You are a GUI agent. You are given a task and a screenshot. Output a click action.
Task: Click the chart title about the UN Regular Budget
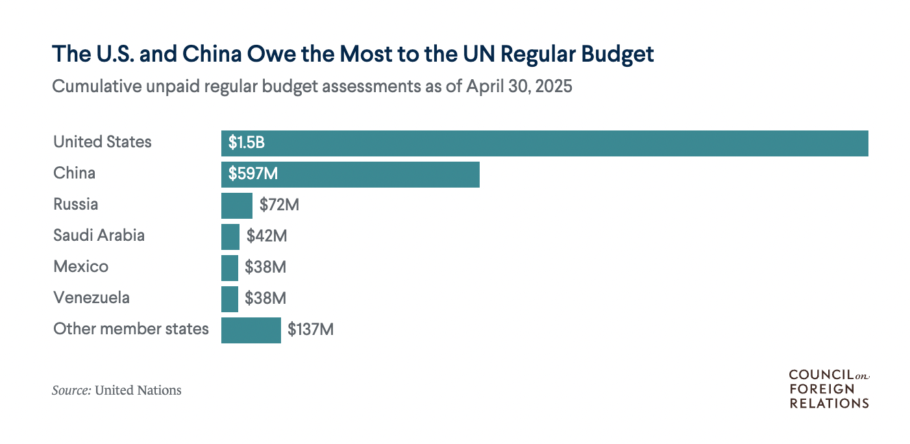pos(352,55)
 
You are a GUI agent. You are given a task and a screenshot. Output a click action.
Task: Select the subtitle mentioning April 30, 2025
pos(312,86)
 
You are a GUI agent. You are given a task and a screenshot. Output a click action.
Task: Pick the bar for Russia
pos(236,206)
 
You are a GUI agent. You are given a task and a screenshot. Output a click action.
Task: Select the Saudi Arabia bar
pos(230,237)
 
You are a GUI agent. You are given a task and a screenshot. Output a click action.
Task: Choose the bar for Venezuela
pos(229,299)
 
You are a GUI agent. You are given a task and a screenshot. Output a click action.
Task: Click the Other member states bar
pos(251,330)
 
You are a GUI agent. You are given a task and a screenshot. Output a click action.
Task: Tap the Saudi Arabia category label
pos(99,236)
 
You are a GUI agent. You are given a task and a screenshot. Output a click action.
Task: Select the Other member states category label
pos(130,329)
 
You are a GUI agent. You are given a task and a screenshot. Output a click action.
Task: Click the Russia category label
pos(75,204)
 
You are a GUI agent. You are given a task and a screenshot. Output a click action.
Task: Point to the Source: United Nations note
pos(117,391)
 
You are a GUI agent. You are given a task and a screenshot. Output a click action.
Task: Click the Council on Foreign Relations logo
pos(828,389)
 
